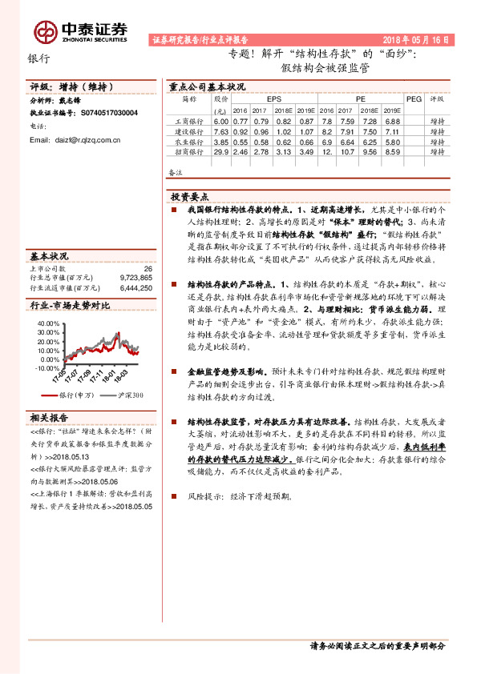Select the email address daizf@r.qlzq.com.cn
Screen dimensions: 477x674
point(75,140)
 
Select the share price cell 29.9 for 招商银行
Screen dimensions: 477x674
point(221,151)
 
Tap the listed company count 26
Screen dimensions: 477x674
point(147,269)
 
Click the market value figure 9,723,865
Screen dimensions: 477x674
point(135,278)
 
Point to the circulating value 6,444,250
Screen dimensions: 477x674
point(135,287)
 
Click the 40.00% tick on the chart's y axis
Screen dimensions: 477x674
point(48,322)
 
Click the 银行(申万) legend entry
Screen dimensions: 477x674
point(76,395)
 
